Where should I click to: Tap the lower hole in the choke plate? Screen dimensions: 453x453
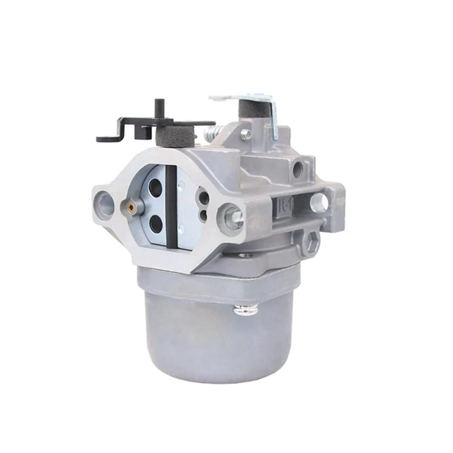point(156,225)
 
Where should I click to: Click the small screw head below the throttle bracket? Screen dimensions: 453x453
point(245,134)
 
